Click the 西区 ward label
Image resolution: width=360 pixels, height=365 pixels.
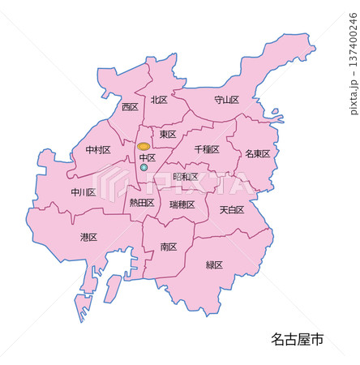pyautogui.click(x=130, y=107)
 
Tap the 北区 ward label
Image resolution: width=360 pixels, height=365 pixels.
pyautogui.click(x=158, y=101)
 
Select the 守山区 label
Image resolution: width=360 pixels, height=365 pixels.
pyautogui.click(x=226, y=101)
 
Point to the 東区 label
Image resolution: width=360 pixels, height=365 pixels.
pyautogui.click(x=168, y=135)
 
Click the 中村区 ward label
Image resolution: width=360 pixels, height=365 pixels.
pyautogui.click(x=98, y=150)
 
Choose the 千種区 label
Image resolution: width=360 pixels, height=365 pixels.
pyautogui.click(x=208, y=150)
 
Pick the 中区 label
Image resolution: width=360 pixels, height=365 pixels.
pyautogui.click(x=147, y=158)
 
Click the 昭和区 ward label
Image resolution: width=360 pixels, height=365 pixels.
pyautogui.click(x=186, y=177)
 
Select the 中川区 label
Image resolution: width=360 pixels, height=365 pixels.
pyautogui.click(x=83, y=193)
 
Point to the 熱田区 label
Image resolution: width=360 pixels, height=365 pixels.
pyautogui.click(x=142, y=203)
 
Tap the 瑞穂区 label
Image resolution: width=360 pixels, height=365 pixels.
pyautogui.click(x=182, y=205)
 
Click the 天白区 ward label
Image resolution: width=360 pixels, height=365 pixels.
pyautogui.click(x=231, y=210)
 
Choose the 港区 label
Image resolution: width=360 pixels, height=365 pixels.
pyautogui.click(x=88, y=238)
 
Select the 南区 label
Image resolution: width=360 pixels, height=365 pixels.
pyautogui.click(x=169, y=247)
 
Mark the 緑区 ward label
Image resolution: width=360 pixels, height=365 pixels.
pyautogui.click(x=214, y=265)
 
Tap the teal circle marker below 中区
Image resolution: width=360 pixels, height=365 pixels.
pyautogui.click(x=144, y=168)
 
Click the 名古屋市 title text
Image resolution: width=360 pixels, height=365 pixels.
pyautogui.click(x=297, y=339)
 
